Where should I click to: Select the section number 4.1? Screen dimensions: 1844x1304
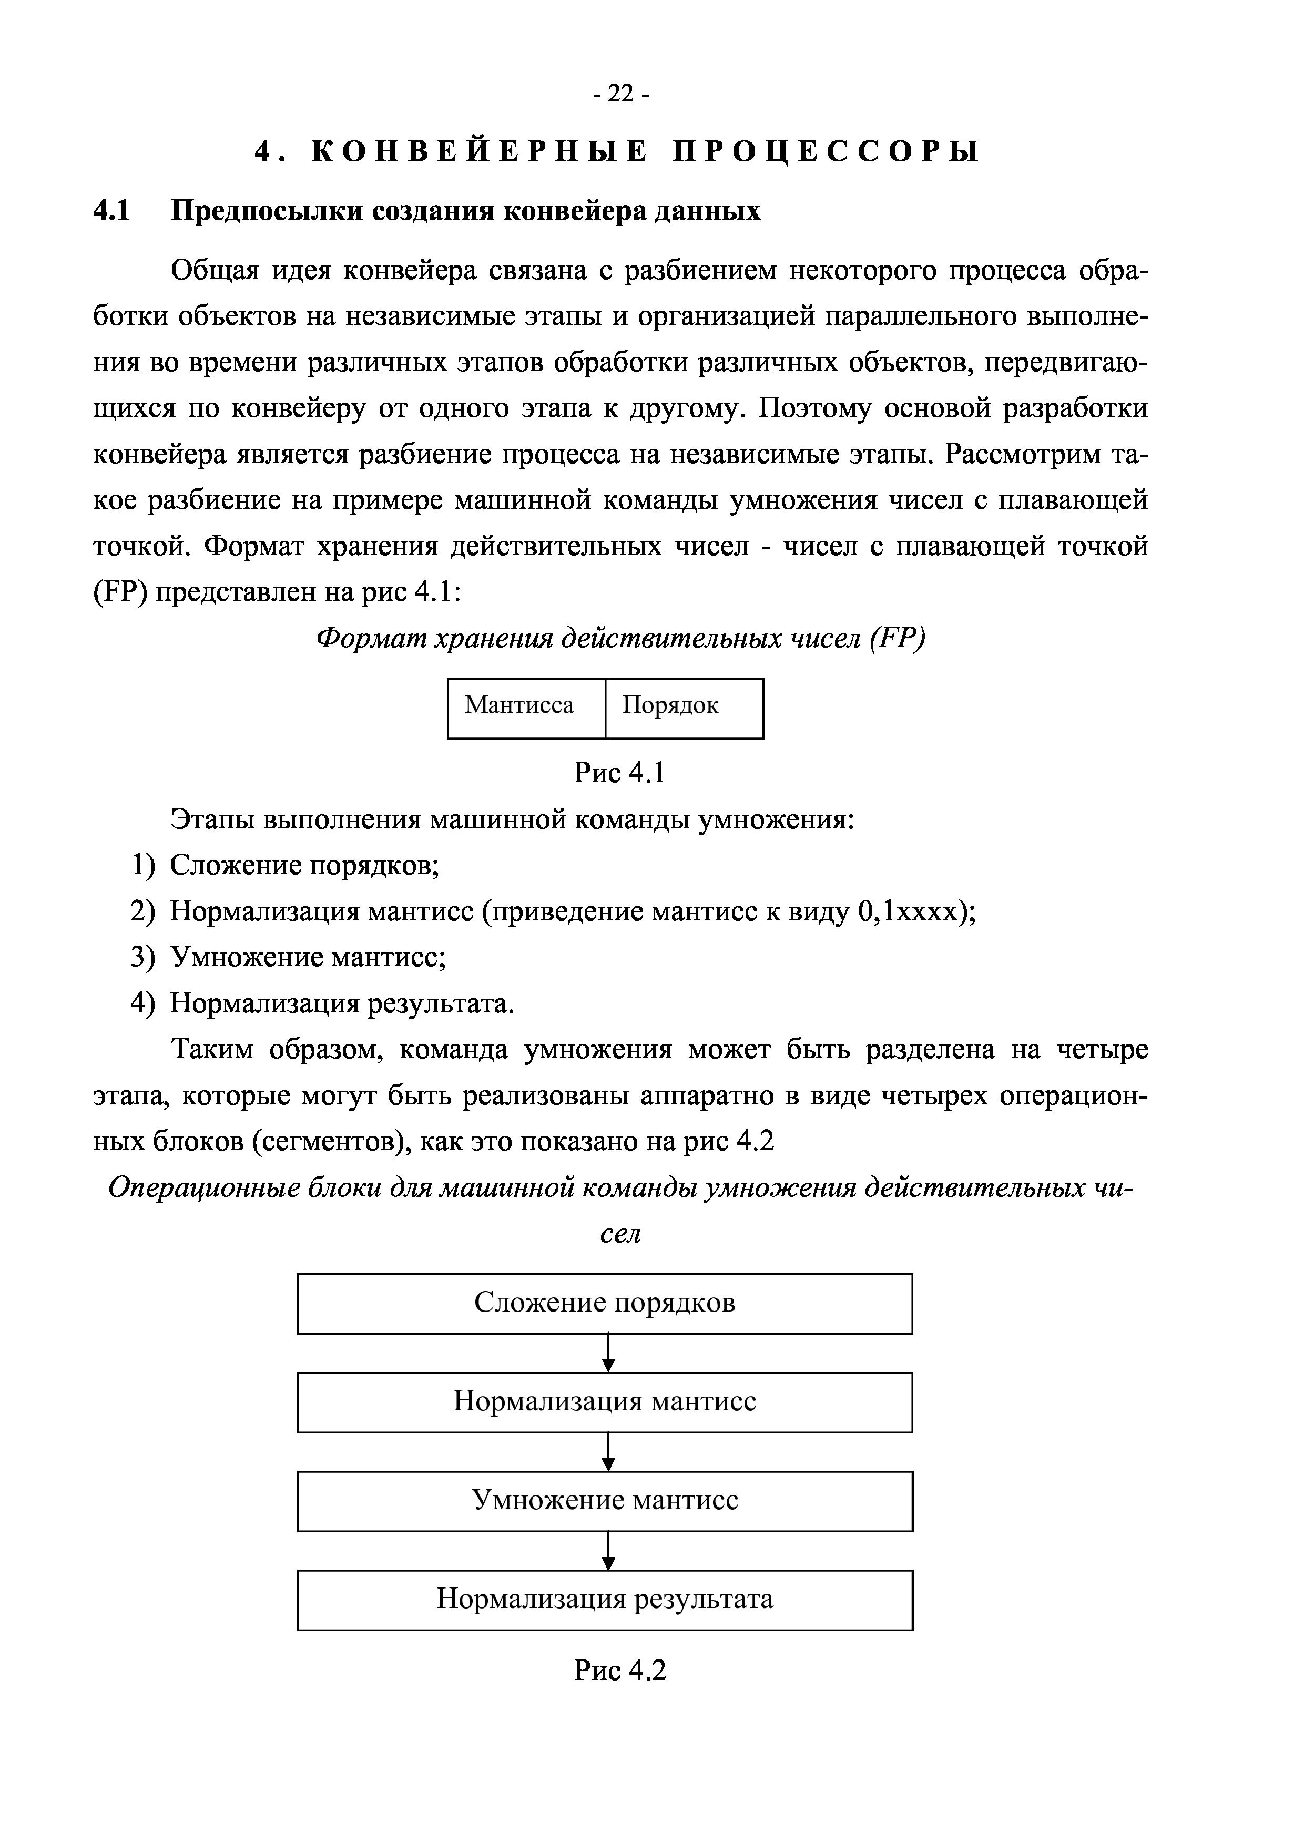[111, 211]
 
